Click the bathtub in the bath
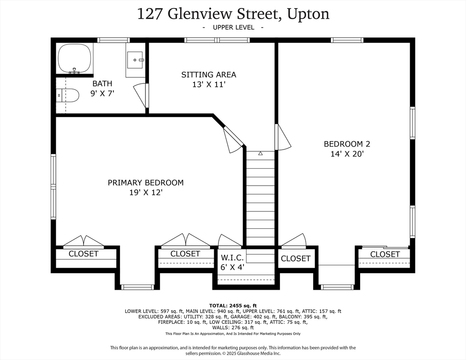pyautogui.click(x=74, y=58)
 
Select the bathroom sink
pyautogui.click(x=136, y=60)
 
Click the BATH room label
pyautogui.click(x=102, y=83)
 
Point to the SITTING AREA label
pyautogui.click(x=209, y=75)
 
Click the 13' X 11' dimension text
pyautogui.click(x=209, y=84)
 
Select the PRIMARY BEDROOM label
pyautogui.click(x=146, y=182)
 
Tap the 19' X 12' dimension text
pyautogui.click(x=146, y=192)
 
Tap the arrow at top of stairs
pyautogui.click(x=260, y=153)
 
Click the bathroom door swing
pyautogui.click(x=140, y=95)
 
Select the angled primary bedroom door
pyautogui.click(x=232, y=140)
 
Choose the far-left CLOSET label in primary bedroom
pyautogui.click(x=83, y=254)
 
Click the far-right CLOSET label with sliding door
pyautogui.click(x=385, y=254)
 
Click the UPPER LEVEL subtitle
pyautogui.click(x=233, y=28)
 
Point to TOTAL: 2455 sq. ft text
pyautogui.click(x=233, y=305)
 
